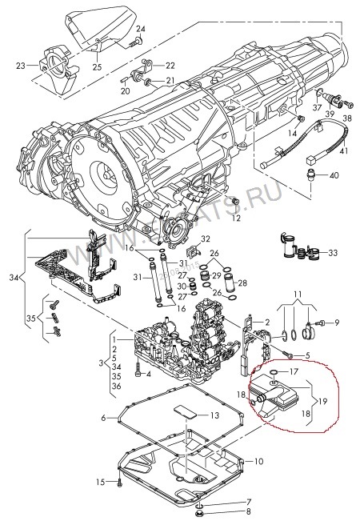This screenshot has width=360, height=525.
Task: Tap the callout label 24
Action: [x=140, y=30]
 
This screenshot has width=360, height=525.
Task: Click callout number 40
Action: [x=334, y=175]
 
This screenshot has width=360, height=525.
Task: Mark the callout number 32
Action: [x=205, y=238]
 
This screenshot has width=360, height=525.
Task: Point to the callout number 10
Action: [x=258, y=462]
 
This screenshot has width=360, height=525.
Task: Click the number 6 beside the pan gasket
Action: [x=104, y=417]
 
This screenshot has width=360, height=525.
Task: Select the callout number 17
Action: [x=294, y=371]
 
